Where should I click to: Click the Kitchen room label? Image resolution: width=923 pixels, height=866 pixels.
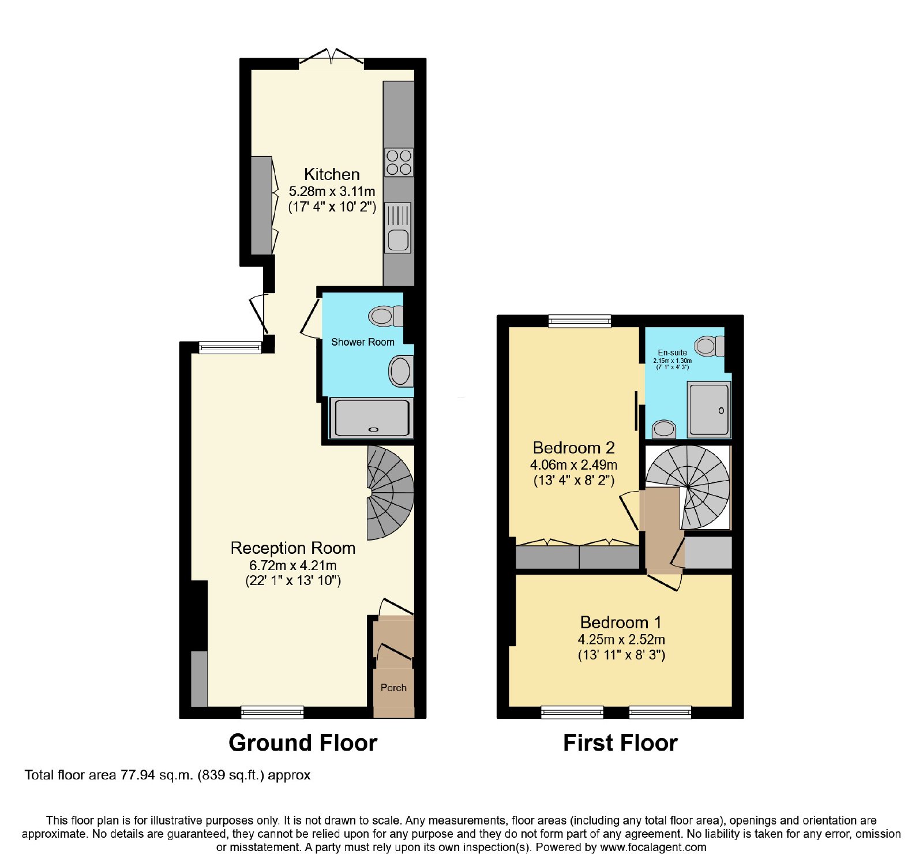[332, 174]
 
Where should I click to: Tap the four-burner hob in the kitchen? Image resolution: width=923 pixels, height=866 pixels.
[399, 162]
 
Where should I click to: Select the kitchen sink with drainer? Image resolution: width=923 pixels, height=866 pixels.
[398, 227]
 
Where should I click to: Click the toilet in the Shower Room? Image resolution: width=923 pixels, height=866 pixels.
[386, 316]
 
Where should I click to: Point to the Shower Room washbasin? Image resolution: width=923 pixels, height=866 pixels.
[401, 370]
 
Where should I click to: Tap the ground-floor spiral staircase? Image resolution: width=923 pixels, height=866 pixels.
[391, 493]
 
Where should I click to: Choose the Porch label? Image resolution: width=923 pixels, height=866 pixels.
[393, 688]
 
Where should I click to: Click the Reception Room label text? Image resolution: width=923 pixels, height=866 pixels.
[292, 548]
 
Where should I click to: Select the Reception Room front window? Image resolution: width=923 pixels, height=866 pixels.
[272, 713]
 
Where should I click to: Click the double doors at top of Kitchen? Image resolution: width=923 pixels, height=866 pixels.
[332, 58]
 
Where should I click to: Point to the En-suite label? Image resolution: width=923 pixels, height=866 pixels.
[672, 353]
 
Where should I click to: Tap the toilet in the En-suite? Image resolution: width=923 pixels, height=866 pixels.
[709, 346]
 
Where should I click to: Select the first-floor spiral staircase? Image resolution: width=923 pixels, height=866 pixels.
[688, 487]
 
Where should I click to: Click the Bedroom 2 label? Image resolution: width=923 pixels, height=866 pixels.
[573, 448]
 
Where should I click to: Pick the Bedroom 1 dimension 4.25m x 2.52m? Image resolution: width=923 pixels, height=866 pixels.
[621, 639]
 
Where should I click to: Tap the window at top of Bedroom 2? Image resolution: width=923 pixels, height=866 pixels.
[579, 321]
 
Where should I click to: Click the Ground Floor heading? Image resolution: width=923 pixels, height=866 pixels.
[303, 743]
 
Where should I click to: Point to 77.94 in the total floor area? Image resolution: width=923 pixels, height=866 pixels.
[137, 775]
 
